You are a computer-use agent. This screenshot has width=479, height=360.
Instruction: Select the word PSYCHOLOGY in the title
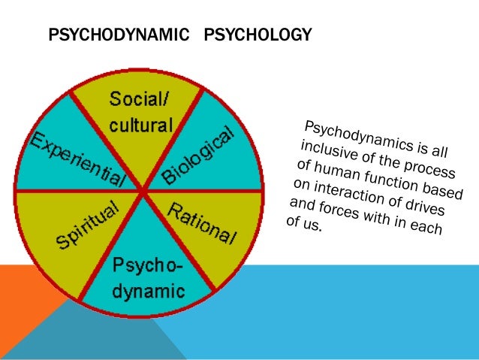click(x=257, y=35)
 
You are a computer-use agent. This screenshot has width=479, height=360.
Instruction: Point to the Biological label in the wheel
click(x=200, y=156)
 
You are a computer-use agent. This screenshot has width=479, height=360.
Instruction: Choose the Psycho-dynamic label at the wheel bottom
click(x=142, y=276)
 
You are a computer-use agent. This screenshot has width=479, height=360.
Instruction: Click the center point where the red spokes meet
click(x=143, y=191)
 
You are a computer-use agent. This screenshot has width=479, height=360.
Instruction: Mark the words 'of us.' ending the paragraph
click(x=303, y=224)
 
